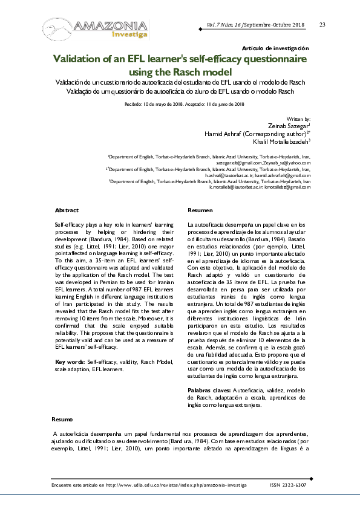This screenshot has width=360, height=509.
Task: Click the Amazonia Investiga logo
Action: (x=95, y=28)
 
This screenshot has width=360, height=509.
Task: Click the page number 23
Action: (x=322, y=24)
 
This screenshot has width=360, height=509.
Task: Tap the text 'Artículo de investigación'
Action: (x=275, y=48)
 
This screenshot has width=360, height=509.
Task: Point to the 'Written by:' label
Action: (x=298, y=120)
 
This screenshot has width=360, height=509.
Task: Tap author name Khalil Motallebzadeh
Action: (x=281, y=141)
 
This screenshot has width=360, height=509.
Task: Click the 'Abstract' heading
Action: (x=67, y=210)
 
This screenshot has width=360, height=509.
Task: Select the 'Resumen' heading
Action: (x=200, y=210)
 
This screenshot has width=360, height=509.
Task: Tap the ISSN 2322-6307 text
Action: (x=287, y=485)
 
